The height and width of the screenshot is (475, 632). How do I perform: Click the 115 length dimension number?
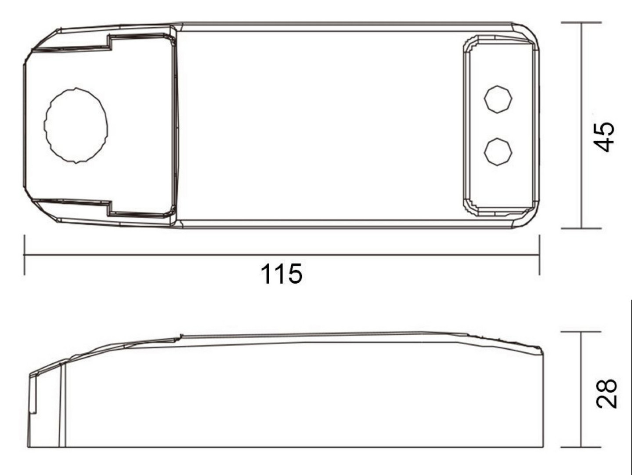pos(282,274)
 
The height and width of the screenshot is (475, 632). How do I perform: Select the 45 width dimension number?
pos(604,137)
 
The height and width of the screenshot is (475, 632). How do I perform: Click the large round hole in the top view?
pos(76,126)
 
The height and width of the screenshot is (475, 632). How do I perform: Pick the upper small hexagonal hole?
pos(498,99)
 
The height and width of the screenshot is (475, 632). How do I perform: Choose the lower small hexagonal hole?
pos(498,152)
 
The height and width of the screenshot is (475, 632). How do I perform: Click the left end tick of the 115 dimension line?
pos(25,255)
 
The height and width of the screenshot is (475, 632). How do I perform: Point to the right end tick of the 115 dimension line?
pos(539,255)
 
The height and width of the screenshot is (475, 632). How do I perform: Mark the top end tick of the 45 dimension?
pos(581,22)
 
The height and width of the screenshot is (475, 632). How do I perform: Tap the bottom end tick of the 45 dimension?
pos(581,229)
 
